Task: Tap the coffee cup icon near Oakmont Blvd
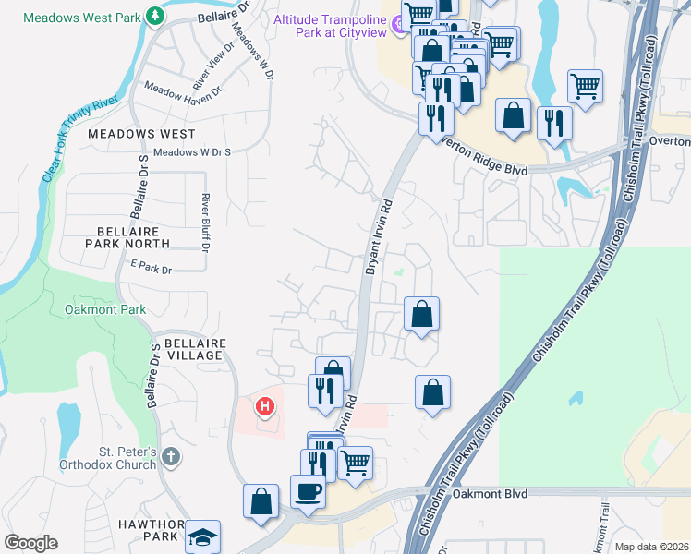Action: click(x=308, y=490)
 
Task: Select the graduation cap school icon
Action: click(x=202, y=537)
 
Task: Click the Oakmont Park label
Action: click(x=106, y=309)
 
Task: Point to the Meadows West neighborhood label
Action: click(x=141, y=134)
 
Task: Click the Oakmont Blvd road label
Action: click(x=489, y=494)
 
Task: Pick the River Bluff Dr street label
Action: click(x=206, y=223)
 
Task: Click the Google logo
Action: click(x=31, y=543)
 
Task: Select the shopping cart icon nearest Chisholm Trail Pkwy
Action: click(x=586, y=86)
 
